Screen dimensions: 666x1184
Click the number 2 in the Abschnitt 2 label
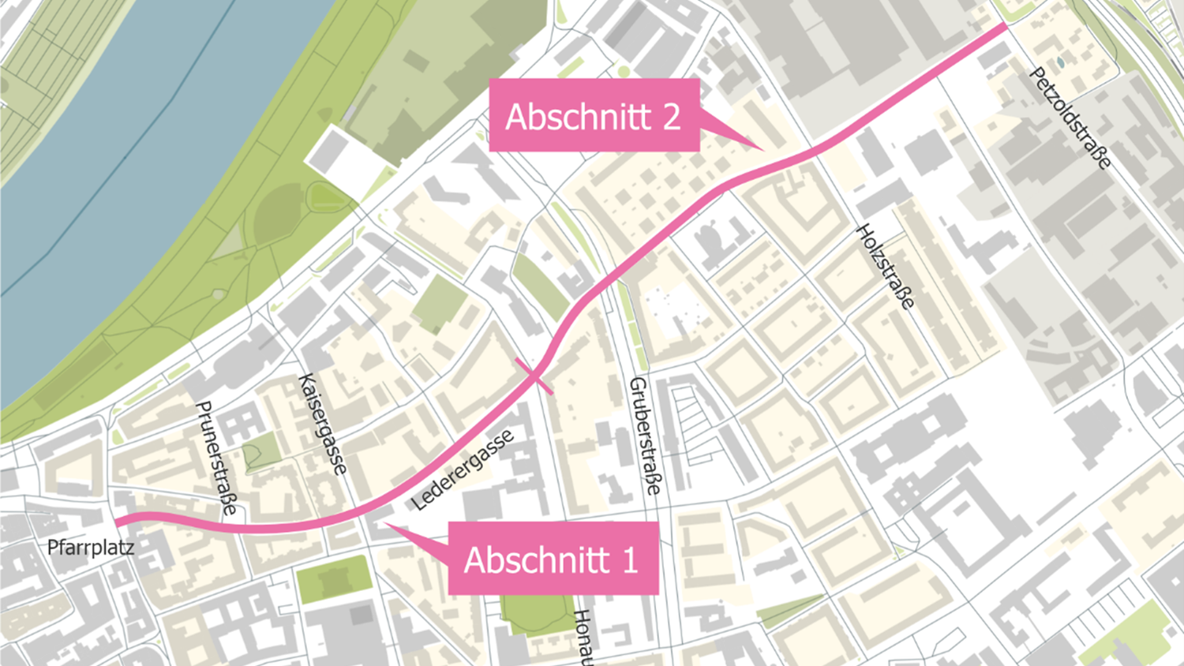[671, 117]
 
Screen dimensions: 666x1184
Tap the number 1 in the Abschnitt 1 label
[630, 560]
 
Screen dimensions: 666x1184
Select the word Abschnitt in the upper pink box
[579, 117]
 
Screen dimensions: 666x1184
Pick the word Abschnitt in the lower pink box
[538, 560]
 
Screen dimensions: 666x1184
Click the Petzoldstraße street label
[1070, 119]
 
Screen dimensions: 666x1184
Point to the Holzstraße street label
[886, 267]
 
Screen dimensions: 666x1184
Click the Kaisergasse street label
[323, 424]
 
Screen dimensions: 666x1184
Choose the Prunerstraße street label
[215, 458]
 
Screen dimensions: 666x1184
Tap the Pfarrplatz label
[90, 547]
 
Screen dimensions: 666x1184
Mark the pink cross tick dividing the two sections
[534, 376]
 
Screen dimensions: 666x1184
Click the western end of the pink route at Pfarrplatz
[118, 522]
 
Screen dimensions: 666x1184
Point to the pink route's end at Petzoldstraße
[1004, 26]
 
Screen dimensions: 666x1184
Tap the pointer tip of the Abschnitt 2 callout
[762, 148]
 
